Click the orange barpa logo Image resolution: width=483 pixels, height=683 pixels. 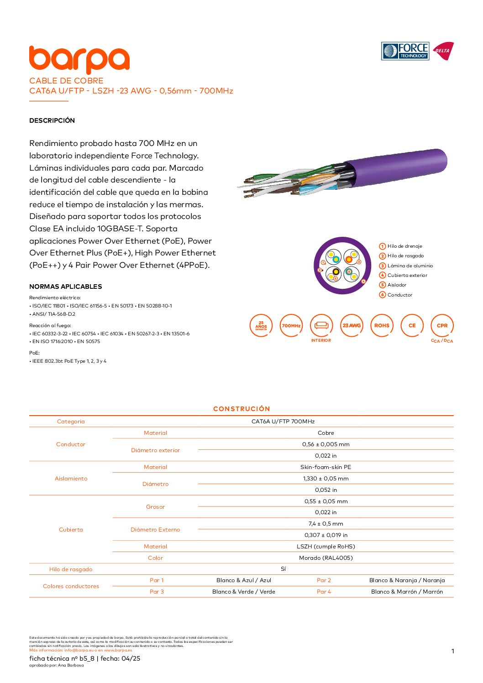click(x=79, y=59)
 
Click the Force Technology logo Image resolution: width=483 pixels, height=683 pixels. click(x=405, y=51)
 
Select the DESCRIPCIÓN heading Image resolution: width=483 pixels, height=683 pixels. click(x=52, y=120)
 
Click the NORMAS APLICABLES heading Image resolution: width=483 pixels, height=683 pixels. click(x=66, y=287)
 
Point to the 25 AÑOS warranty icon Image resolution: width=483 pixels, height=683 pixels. click(x=261, y=326)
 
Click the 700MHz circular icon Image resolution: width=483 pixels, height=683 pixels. click(x=291, y=326)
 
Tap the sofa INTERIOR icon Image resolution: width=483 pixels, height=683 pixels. click(x=321, y=326)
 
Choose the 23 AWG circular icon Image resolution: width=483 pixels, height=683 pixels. click(x=352, y=326)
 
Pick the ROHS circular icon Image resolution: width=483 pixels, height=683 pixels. click(x=382, y=326)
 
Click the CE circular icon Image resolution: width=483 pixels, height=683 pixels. click(x=412, y=326)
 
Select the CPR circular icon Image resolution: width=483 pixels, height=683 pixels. click(x=442, y=326)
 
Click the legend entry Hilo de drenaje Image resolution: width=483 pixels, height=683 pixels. click(x=404, y=246)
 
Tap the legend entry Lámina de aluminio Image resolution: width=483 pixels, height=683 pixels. click(x=410, y=266)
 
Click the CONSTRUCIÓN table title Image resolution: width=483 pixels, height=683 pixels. click(x=241, y=409)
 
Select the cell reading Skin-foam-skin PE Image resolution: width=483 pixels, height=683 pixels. click(x=326, y=467)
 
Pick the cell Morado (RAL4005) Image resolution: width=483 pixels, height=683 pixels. click(x=326, y=558)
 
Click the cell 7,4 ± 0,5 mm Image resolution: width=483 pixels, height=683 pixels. click(x=326, y=524)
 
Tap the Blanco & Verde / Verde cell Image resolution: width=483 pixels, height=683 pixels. click(x=244, y=592)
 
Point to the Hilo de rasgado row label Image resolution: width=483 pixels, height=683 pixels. click(x=71, y=569)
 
